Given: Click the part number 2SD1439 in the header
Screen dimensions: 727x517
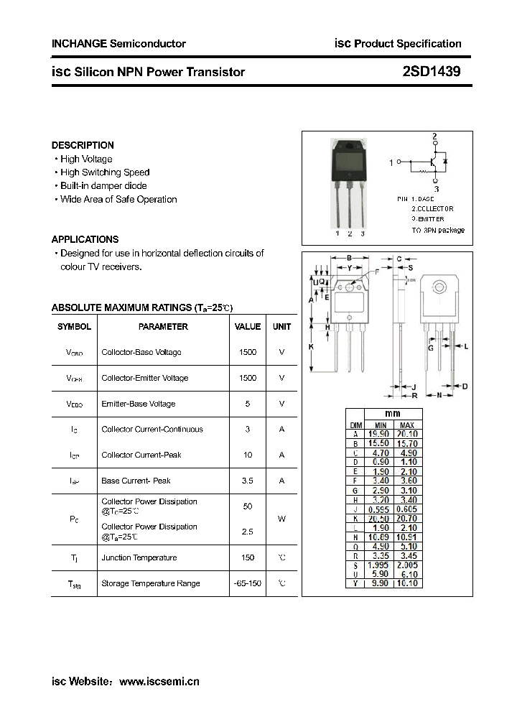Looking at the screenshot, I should (432, 72).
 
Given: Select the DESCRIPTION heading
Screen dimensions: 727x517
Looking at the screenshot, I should (83, 145).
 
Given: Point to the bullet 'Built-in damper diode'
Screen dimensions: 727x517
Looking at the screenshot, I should (103, 186).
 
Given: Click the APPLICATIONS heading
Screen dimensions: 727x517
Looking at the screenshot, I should (85, 239).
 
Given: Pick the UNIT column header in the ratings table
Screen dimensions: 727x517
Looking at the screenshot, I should (281, 327).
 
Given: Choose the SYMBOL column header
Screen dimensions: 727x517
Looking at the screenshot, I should (74, 327).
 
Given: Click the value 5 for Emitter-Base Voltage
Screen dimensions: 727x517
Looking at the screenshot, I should (248, 404).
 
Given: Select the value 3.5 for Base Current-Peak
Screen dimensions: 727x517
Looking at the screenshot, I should (248, 481).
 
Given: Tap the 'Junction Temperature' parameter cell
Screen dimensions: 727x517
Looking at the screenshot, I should (139, 558).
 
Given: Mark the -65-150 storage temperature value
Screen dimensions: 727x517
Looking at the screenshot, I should (248, 583).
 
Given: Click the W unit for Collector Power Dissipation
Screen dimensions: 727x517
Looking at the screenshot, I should (281, 519).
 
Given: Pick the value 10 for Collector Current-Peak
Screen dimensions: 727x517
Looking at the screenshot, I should (248, 455).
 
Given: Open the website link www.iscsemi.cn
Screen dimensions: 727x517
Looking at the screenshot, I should (159, 682).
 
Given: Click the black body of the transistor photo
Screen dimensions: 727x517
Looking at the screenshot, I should (348, 161).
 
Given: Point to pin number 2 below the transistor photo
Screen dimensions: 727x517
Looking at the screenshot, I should (350, 233).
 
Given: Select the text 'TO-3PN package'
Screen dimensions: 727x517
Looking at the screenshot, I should (438, 230).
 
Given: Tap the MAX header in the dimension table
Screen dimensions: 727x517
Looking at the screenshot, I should (406, 425).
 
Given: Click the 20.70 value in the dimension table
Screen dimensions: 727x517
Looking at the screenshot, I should (406, 518).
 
